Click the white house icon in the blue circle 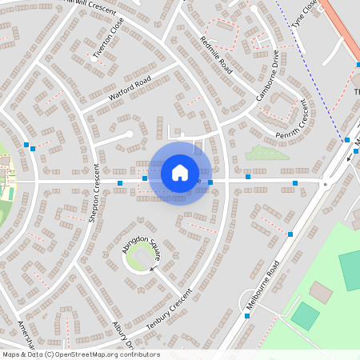180,173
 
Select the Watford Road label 130,87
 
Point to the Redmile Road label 216,55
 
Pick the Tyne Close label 305,14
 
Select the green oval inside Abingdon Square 140,258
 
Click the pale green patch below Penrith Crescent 266,152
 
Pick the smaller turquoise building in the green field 305,315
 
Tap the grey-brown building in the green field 322,292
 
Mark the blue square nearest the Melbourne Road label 290,234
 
